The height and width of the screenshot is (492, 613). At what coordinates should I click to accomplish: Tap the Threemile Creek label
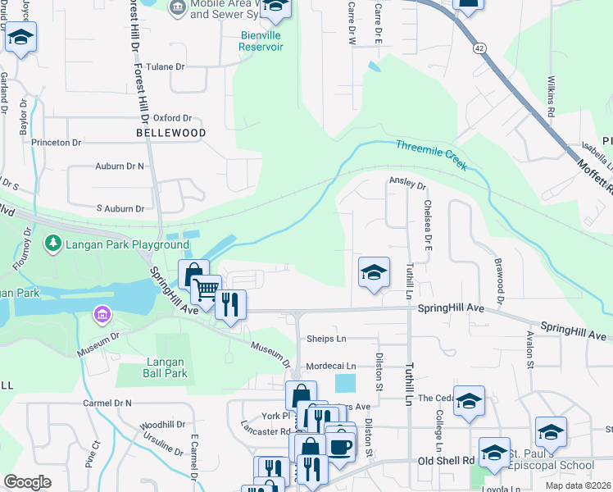pos(431,155)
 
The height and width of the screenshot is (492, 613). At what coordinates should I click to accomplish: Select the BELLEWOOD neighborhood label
pos(170,132)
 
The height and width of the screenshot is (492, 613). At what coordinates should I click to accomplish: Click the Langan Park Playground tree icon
pos(53,244)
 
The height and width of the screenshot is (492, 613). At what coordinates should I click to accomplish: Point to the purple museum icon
pos(102,314)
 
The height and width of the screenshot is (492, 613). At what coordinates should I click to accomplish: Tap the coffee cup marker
pos(341,447)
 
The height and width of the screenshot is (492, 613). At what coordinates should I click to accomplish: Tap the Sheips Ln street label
pos(326,339)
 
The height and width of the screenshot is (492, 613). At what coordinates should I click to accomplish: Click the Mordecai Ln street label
pos(331,366)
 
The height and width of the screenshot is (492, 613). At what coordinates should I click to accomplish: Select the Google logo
pos(28,482)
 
